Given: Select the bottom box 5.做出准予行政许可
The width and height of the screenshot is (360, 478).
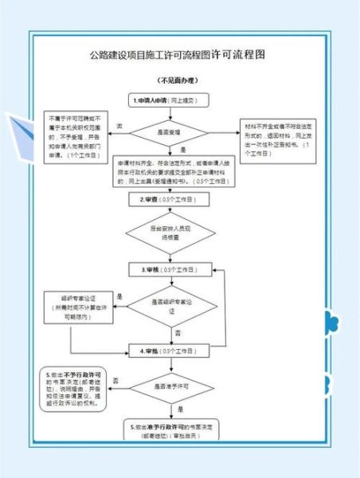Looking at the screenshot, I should click(172, 433).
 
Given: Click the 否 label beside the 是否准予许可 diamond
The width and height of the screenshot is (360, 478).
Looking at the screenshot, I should click(116, 380).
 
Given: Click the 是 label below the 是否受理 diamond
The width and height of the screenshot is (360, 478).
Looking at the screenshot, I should click(182, 149).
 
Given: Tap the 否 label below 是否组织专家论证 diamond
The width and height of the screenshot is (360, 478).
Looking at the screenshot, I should click(177, 331).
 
